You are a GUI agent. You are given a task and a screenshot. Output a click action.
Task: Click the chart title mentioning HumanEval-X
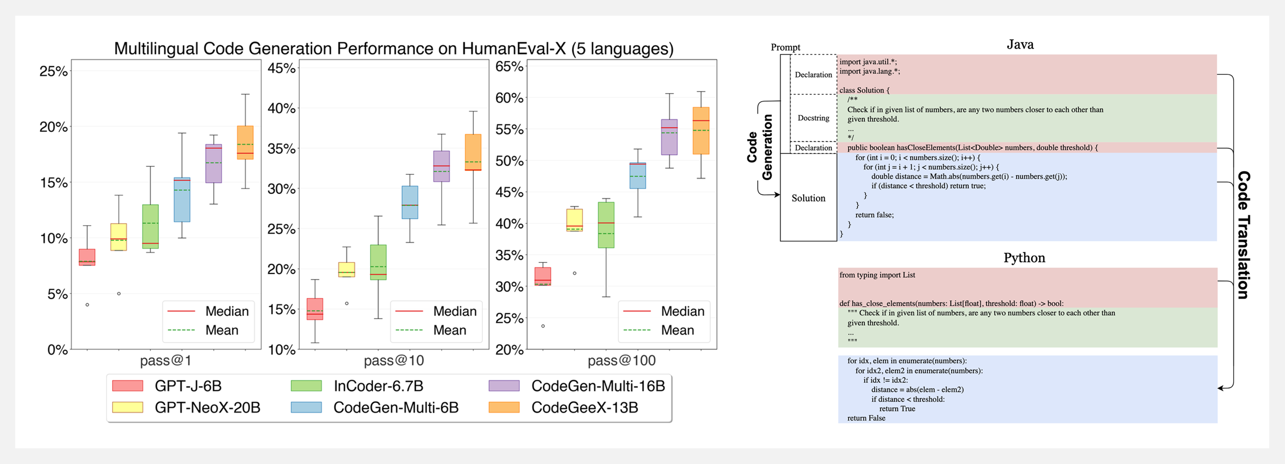tap(394, 49)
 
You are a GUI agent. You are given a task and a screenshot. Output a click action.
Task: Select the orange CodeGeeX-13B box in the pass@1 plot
tap(245, 142)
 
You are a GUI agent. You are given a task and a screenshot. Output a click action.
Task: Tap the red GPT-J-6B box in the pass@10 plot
tap(315, 309)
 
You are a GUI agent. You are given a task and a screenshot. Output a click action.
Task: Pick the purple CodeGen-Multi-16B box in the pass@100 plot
tap(669, 137)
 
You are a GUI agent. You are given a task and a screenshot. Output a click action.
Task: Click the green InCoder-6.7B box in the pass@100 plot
tap(606, 225)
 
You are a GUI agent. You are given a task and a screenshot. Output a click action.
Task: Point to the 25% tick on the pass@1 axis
tap(54, 71)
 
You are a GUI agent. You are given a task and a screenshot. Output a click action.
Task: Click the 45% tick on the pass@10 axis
tap(282, 68)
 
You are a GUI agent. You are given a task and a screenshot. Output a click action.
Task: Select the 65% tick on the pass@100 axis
tap(510, 67)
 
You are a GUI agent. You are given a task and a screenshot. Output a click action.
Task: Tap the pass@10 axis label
tap(394, 360)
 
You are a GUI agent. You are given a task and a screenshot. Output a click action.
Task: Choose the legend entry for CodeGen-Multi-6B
tap(396, 407)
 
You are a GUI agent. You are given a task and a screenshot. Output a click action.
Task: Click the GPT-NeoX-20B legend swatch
tap(128, 407)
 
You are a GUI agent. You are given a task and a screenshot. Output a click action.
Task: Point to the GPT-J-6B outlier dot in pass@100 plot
tap(543, 326)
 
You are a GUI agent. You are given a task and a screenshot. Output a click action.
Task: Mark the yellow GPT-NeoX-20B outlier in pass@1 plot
tap(119, 294)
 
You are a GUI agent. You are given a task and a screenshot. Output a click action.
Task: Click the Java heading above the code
tap(1020, 45)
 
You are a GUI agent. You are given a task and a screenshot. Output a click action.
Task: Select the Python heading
tap(1024, 258)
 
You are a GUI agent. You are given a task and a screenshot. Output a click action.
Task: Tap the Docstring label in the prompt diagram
tap(813, 118)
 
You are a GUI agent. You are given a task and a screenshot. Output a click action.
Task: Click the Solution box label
tap(808, 198)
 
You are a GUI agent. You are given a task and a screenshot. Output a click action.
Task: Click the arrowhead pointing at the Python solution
tap(1221, 388)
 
